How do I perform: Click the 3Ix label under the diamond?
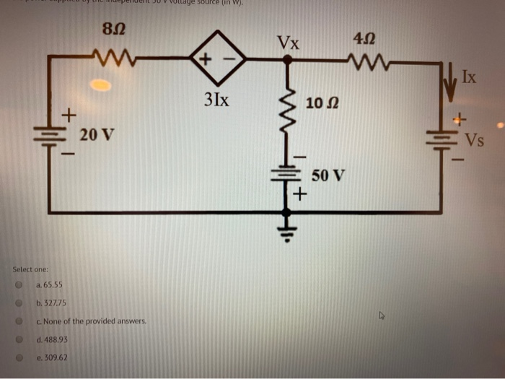tap(216, 99)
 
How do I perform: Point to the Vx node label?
tap(288, 42)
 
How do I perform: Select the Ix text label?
tap(469, 75)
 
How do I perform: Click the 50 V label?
tap(328, 175)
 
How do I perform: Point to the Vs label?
tap(473, 139)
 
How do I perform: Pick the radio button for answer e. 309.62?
tap(20, 357)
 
